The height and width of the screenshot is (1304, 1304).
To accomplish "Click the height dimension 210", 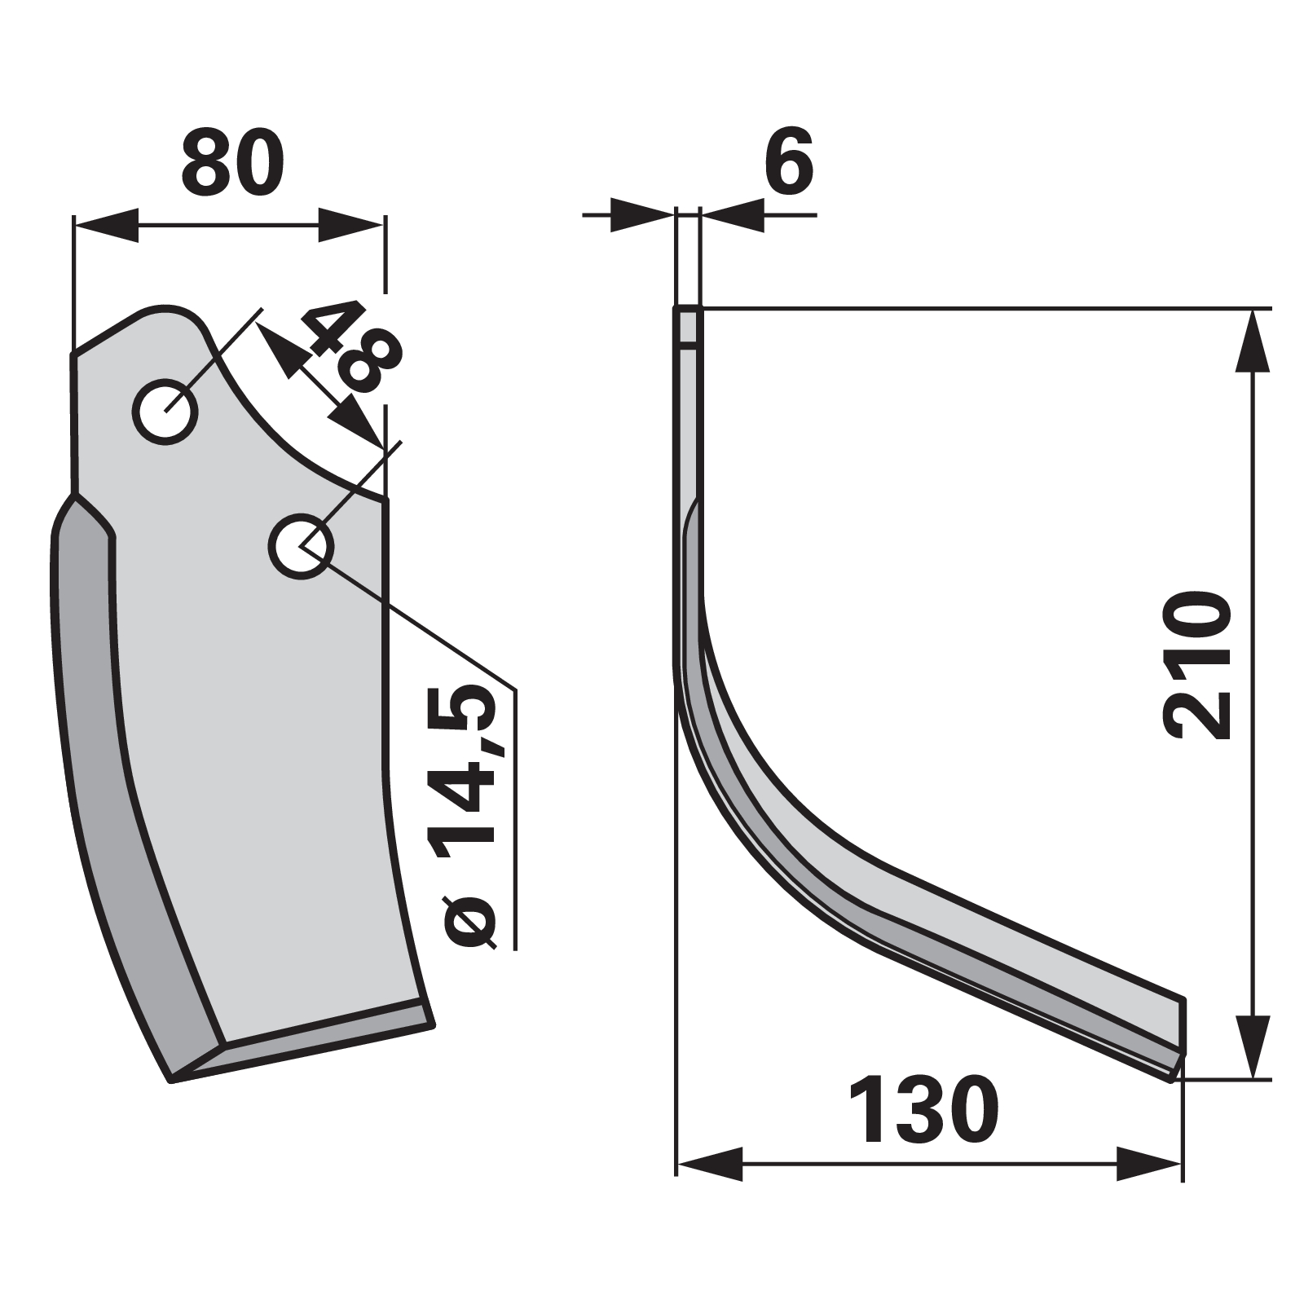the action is (1197, 667).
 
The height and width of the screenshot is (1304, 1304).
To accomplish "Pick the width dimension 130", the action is (923, 1109).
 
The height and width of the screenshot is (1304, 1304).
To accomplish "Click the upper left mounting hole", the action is (165, 412).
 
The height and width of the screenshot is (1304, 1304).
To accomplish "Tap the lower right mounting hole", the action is (301, 546).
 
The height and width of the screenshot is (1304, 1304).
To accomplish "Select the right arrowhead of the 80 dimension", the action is (350, 225).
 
